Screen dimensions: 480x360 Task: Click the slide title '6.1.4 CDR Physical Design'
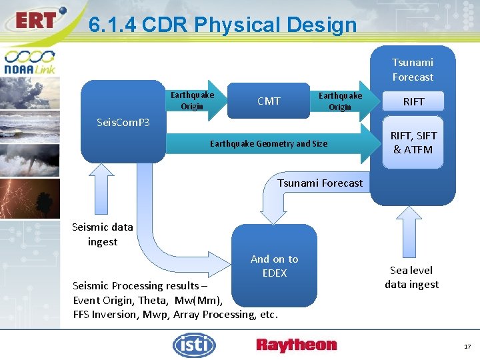(x=223, y=25)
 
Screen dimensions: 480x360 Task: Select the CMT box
(x=269, y=101)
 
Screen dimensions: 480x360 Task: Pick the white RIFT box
(x=413, y=102)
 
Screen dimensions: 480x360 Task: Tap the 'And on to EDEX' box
(x=274, y=265)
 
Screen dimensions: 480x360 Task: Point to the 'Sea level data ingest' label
(x=411, y=277)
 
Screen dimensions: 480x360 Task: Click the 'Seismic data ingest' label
(x=102, y=234)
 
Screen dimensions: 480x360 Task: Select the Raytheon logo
(x=296, y=345)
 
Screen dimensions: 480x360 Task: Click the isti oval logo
(x=194, y=345)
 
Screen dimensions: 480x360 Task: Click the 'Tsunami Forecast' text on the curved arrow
(x=320, y=183)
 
